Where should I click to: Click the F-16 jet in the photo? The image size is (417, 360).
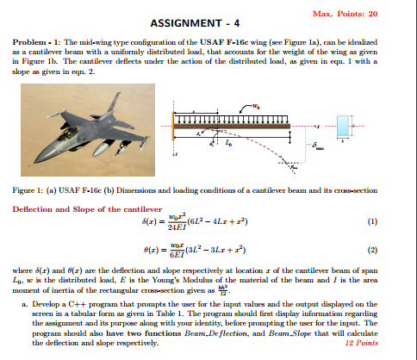(95, 133)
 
